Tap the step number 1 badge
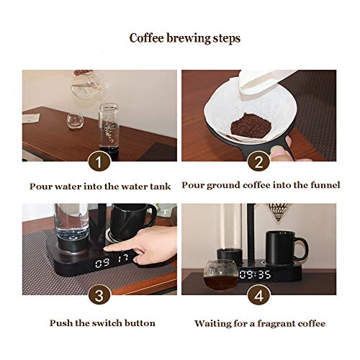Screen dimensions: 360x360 tap(99, 160)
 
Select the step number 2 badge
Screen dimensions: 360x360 tap(258, 160)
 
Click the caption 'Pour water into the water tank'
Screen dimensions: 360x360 tap(100, 186)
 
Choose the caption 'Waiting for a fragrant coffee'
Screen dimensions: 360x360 tap(258, 323)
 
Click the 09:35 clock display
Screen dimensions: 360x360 tap(255, 275)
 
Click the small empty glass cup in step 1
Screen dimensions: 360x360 tap(75, 120)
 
